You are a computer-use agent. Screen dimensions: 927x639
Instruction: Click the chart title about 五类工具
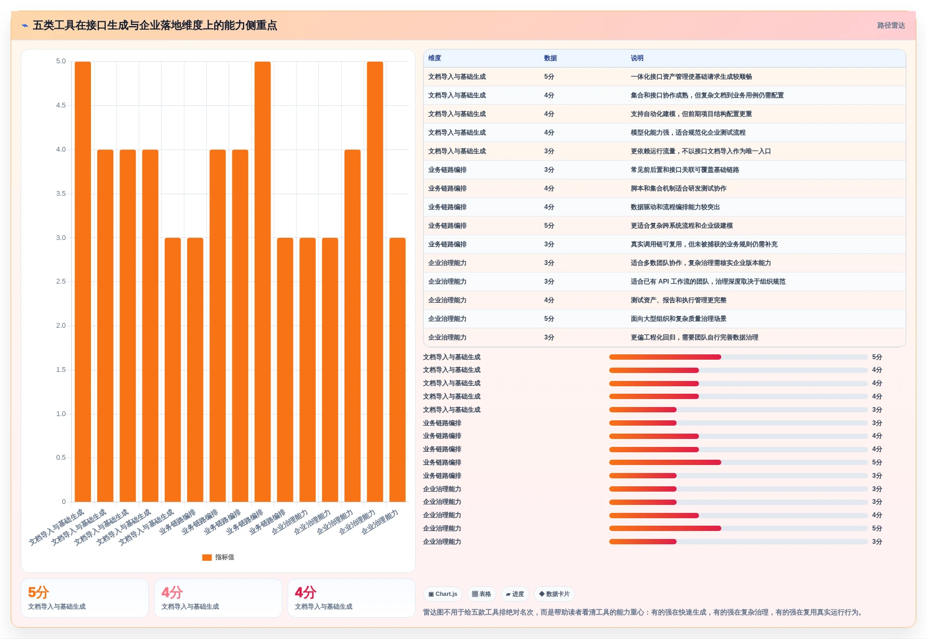(155, 26)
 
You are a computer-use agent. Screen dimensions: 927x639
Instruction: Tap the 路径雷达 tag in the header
(891, 26)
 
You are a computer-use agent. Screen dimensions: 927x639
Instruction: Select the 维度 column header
(435, 58)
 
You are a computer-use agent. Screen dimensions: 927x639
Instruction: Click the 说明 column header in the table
(637, 58)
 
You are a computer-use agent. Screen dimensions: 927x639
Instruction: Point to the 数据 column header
(551, 58)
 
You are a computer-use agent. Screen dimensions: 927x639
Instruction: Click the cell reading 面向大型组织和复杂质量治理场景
(678, 319)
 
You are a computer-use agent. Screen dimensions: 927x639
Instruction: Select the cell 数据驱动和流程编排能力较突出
(675, 207)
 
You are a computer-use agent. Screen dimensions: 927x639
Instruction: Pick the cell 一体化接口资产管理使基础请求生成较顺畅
(691, 77)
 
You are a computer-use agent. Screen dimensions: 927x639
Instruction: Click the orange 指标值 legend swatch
(207, 558)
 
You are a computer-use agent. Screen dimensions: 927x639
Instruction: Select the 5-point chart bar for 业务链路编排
(263, 281)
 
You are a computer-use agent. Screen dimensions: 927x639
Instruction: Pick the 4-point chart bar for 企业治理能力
(352, 326)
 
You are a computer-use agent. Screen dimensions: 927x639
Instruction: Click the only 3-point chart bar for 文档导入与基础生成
(173, 370)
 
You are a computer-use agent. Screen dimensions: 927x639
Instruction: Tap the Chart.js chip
(443, 594)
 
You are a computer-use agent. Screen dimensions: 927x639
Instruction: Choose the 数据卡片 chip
(554, 594)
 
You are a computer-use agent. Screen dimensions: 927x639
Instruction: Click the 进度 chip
(515, 594)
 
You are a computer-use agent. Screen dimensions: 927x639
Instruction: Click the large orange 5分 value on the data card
(38, 593)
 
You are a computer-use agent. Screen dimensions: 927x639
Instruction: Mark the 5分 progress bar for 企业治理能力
(665, 528)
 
